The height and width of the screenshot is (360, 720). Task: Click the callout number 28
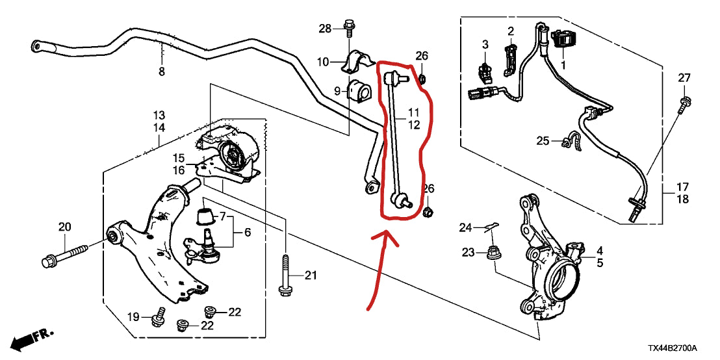click(325, 29)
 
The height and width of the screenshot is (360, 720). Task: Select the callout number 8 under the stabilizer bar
click(162, 71)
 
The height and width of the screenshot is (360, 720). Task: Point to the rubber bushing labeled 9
click(359, 92)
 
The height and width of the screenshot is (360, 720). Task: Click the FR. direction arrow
click(32, 338)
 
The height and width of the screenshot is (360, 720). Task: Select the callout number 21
click(311, 276)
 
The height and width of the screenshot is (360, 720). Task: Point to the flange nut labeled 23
click(494, 254)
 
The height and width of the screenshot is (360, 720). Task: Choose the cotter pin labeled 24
click(493, 225)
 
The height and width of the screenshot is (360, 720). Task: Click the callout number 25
click(543, 140)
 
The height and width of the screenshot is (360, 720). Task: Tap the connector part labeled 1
click(563, 38)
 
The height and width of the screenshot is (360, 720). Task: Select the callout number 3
click(485, 45)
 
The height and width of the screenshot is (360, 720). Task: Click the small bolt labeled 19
click(159, 316)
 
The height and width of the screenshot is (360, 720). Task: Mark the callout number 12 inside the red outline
click(414, 124)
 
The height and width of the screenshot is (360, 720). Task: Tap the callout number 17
click(682, 187)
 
